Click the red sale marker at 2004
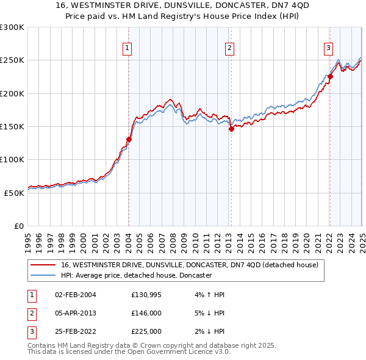point(129,139)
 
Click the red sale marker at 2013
point(231,129)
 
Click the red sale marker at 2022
point(330,76)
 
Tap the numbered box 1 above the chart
point(127,49)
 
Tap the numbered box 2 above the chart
point(229,49)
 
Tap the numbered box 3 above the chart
point(328,49)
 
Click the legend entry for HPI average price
point(136,276)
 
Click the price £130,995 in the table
point(147,295)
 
